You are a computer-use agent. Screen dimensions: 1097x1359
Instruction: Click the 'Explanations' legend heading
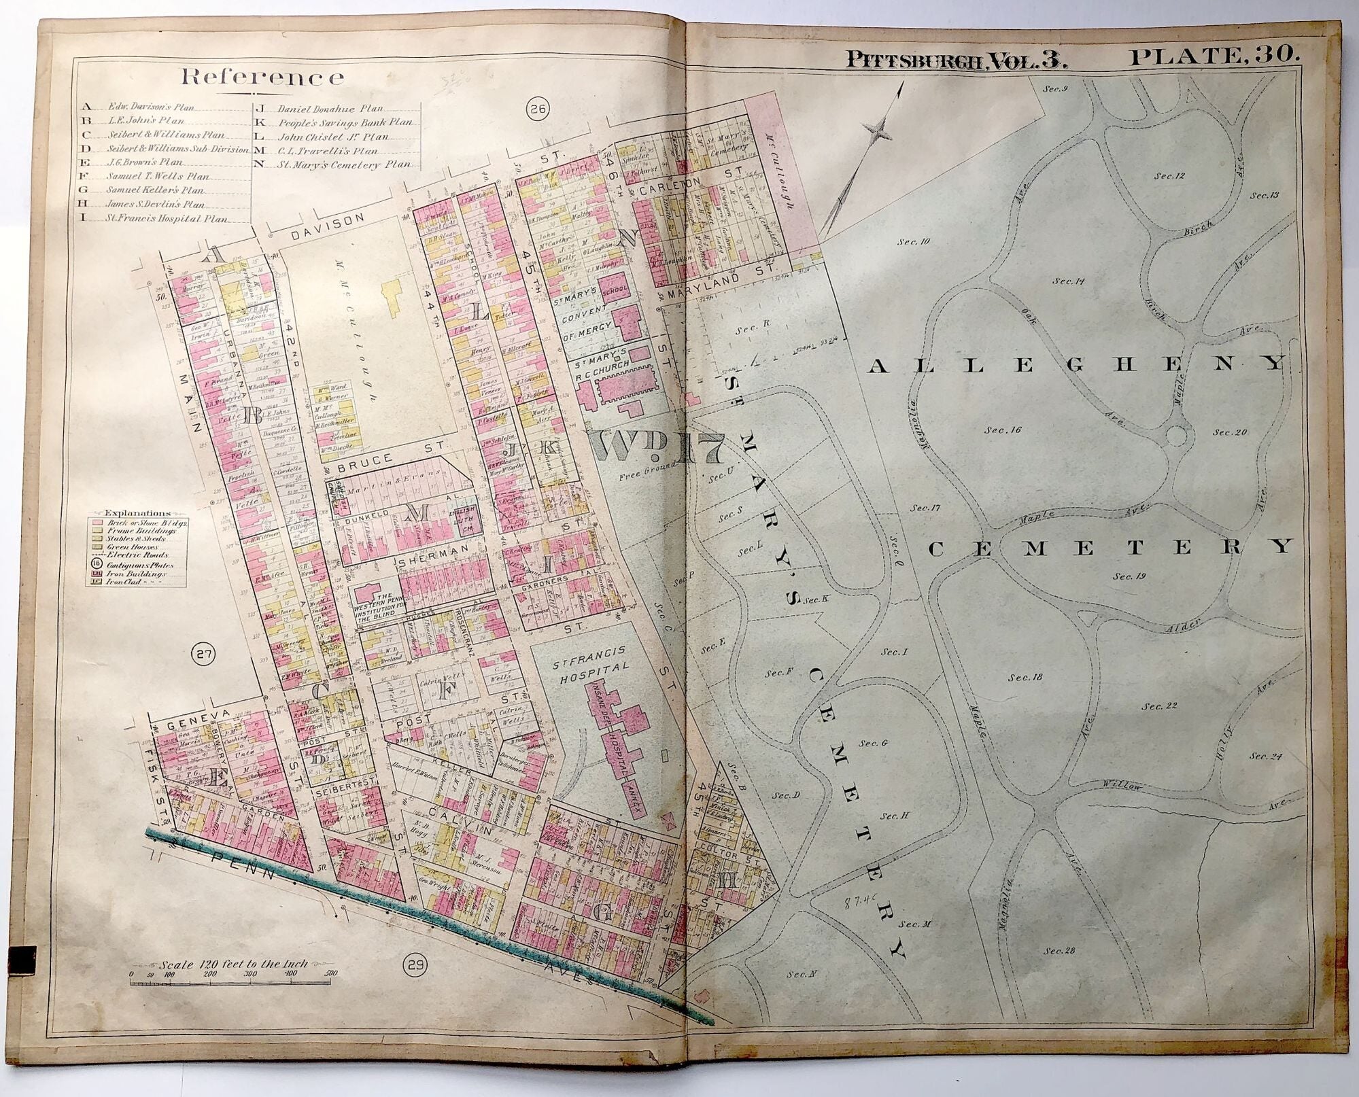(137, 512)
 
